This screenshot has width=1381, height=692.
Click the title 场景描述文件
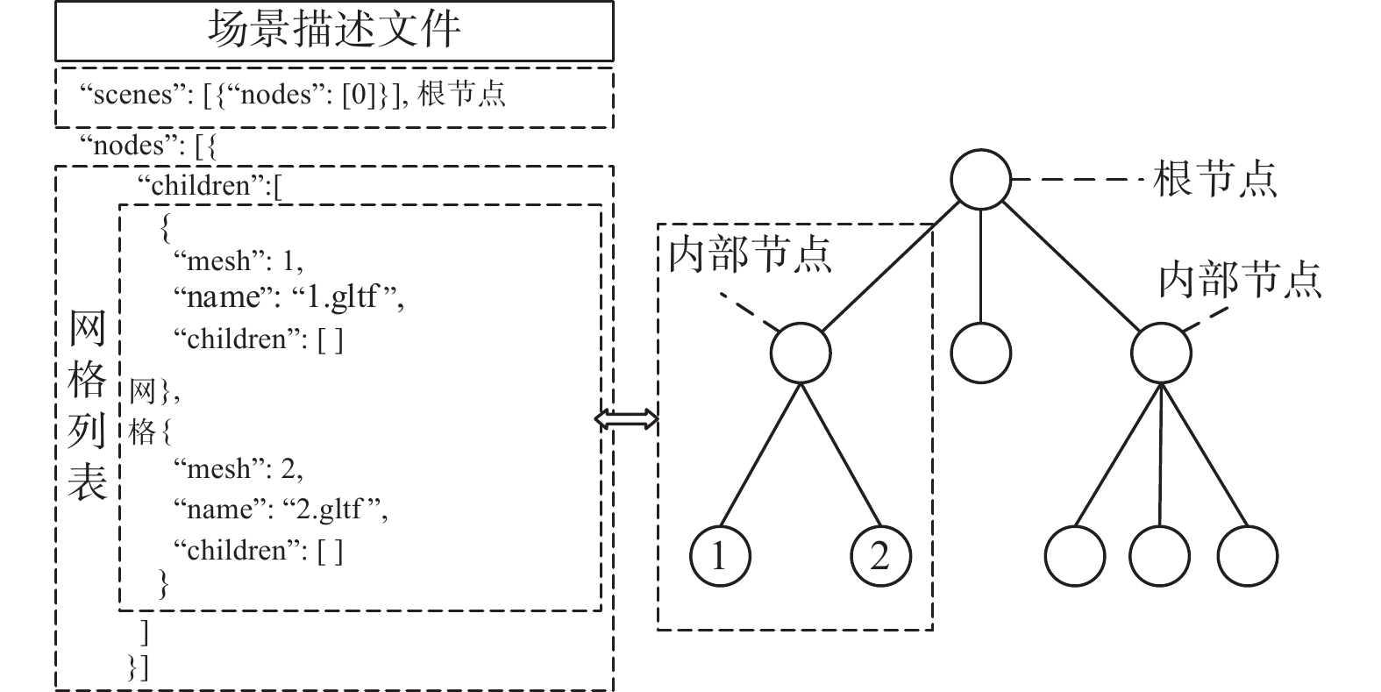point(333,30)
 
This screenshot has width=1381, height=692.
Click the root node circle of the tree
point(980,179)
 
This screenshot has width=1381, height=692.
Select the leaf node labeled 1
point(720,556)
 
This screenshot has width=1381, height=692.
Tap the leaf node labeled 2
point(880,556)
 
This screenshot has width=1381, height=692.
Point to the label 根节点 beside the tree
point(1214,179)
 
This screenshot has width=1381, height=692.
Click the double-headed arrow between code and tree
point(626,419)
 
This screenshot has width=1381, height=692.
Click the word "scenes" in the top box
point(132,95)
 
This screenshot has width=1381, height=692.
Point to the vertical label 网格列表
point(87,407)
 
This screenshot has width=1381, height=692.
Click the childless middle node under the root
point(980,353)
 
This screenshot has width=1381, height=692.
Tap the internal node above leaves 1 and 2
point(800,353)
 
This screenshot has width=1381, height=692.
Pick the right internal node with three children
point(1161,353)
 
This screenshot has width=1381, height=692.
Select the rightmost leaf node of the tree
point(1247,556)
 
